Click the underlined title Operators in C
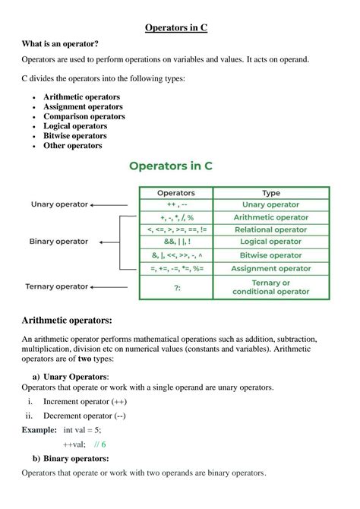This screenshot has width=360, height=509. [177, 28]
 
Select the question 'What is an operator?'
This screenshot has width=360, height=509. [60, 45]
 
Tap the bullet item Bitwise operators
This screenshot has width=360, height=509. [74, 136]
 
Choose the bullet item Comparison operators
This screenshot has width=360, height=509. [84, 116]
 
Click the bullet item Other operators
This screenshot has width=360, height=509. [72, 146]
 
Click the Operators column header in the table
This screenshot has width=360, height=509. [175, 193]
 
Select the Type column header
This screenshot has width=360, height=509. [270, 193]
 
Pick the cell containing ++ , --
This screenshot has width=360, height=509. [175, 205]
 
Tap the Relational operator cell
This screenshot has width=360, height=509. [270, 230]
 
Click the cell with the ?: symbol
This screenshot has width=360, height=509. [175, 287]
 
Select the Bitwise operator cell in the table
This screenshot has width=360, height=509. [270, 256]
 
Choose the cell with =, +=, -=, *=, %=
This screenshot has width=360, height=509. [175, 269]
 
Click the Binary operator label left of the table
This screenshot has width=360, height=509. [59, 242]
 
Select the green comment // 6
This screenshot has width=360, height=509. [99, 444]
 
